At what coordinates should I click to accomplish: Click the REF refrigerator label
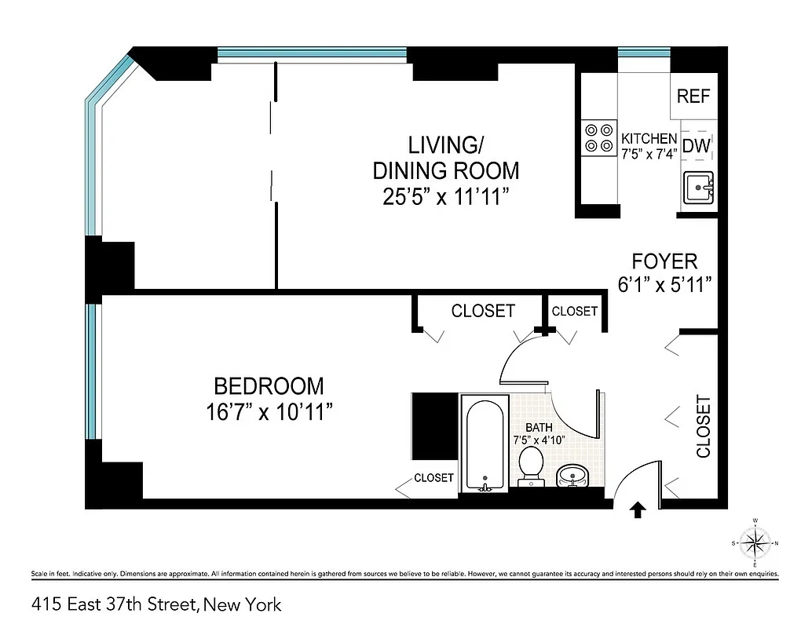pyautogui.click(x=693, y=97)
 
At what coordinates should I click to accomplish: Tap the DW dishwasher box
pyautogui.click(x=697, y=145)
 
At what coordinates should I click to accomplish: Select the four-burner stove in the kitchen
pyautogui.click(x=598, y=137)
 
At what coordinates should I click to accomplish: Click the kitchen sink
pyautogui.click(x=698, y=188)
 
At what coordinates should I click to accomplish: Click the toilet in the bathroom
pyautogui.click(x=532, y=467)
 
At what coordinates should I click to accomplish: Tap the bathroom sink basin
pyautogui.click(x=573, y=476)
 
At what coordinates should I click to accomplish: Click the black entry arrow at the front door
pyautogui.click(x=638, y=511)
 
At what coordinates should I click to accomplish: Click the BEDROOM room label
pyautogui.click(x=269, y=386)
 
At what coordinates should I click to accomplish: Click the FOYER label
pyautogui.click(x=664, y=261)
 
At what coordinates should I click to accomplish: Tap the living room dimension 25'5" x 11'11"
pyautogui.click(x=445, y=196)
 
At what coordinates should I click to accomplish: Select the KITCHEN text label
pyautogui.click(x=649, y=137)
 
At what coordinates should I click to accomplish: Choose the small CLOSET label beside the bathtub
pyautogui.click(x=433, y=477)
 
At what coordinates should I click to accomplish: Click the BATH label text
pyautogui.click(x=539, y=427)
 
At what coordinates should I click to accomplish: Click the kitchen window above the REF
pyautogui.click(x=644, y=53)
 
